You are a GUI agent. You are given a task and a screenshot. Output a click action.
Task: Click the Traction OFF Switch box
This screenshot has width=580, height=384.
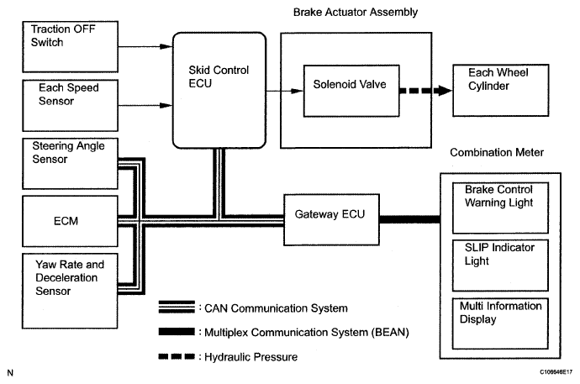pos(71,46)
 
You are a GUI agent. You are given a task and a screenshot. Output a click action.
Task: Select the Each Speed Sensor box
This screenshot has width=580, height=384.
pos(71,105)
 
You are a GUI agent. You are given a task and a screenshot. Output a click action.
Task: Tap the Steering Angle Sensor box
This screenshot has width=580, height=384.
pos(71,163)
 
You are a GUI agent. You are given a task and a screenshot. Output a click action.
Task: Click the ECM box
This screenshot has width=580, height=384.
pos(71,221)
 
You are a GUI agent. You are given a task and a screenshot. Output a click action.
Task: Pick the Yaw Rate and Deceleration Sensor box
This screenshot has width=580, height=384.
pos(71,291)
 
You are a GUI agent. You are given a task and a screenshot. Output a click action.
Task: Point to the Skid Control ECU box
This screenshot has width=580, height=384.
pos(219,90)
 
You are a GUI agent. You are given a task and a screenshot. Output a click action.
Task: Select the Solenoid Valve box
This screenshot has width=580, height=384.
pos(351,91)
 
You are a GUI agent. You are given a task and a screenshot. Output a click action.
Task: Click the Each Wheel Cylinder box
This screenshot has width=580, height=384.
pos(501,91)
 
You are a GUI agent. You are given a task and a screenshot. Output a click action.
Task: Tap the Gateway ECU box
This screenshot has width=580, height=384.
pos(331,219)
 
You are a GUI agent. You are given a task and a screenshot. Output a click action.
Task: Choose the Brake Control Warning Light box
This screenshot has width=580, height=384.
pos(500,208)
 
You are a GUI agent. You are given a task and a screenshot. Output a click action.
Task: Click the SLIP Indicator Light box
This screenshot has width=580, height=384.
pos(500,266)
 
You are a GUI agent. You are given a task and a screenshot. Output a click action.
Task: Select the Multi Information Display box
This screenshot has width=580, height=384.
pos(500,324)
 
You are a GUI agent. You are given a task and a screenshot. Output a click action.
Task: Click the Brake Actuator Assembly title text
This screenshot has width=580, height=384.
pos(356,13)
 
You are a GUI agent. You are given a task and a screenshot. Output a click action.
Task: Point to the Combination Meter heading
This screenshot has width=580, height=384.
pos(497,152)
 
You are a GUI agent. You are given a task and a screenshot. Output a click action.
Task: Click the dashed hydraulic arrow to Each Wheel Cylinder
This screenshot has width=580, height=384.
pos(425,91)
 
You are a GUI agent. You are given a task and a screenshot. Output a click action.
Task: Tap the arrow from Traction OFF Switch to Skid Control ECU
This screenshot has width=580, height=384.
pos(145,46)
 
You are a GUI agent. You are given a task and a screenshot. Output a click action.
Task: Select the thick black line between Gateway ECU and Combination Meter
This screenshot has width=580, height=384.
pos(410,219)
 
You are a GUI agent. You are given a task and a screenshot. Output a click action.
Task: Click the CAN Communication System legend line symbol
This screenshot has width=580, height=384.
pos(177,308)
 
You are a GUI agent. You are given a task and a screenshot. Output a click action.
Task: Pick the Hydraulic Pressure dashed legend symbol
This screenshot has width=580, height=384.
pos(177,356)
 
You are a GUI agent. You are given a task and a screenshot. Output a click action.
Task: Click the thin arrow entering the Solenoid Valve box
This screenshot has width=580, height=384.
pos(285,91)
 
